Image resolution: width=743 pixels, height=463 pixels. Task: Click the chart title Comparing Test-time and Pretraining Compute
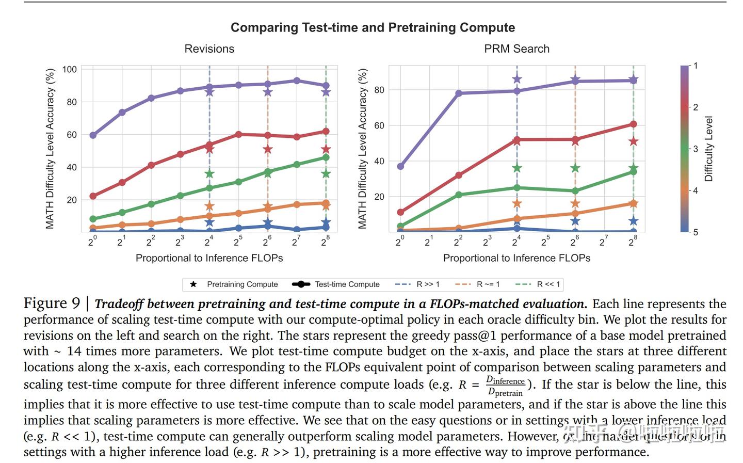(x=373, y=28)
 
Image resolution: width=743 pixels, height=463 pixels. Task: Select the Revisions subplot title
(x=209, y=49)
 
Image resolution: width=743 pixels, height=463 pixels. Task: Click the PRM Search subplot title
(x=516, y=49)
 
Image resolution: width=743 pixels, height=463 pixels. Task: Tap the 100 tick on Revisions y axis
(x=70, y=70)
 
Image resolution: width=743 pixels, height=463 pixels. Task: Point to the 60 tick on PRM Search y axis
(x=379, y=125)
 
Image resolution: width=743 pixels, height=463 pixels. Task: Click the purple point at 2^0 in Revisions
(x=93, y=135)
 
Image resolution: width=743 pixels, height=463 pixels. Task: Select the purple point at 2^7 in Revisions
(x=297, y=81)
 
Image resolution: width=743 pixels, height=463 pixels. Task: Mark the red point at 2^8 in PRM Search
(x=633, y=124)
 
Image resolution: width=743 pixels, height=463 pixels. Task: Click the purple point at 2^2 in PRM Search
(x=458, y=93)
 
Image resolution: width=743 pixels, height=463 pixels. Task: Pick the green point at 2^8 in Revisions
(x=326, y=157)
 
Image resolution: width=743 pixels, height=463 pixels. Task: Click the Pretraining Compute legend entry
(x=234, y=284)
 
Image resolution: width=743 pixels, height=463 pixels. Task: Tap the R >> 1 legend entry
(x=417, y=284)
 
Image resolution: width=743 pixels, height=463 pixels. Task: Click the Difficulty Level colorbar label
(x=708, y=149)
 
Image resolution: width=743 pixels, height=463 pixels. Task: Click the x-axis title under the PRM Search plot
(x=516, y=258)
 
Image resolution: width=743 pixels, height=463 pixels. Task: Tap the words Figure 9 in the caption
(x=52, y=304)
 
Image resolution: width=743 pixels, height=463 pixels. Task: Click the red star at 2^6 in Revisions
(x=267, y=150)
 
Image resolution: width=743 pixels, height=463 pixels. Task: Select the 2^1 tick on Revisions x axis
(x=122, y=242)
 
